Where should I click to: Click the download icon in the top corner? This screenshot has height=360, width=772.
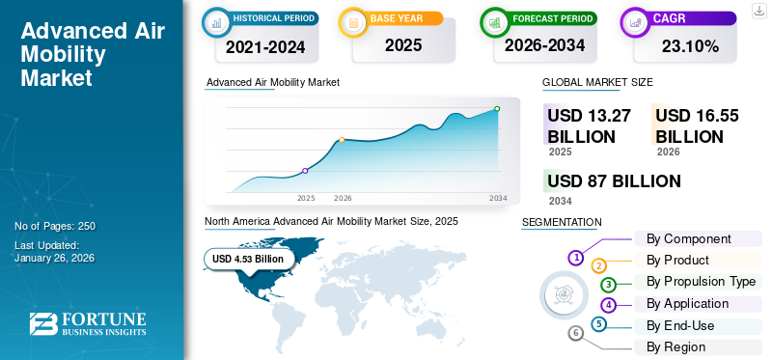(758, 10)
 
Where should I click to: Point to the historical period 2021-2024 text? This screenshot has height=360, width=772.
(264, 45)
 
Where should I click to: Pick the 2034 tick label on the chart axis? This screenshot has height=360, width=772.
(498, 198)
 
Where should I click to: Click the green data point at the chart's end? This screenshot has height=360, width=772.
(497, 109)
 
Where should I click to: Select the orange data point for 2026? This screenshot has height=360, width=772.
(342, 140)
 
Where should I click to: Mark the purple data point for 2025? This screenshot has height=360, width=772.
(305, 171)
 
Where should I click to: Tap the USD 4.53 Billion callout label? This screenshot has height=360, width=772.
(248, 259)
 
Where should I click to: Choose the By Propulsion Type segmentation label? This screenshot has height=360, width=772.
(701, 282)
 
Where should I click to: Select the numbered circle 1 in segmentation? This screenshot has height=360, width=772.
(576, 258)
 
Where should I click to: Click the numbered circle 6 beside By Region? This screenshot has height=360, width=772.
(576, 333)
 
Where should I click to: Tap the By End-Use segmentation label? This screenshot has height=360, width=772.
(680, 325)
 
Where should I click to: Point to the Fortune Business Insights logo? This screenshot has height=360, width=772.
(88, 324)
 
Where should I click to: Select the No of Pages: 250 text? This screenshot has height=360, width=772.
(55, 226)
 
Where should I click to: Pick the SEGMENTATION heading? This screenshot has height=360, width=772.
(562, 222)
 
